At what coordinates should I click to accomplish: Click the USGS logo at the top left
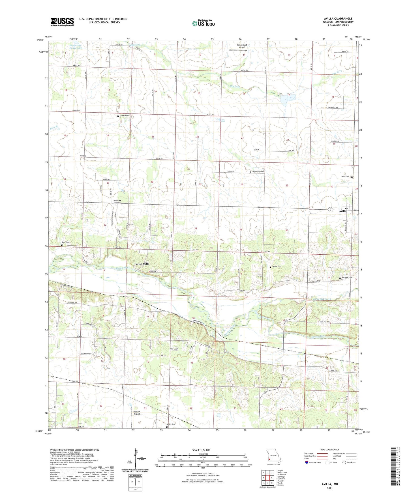point(62,22)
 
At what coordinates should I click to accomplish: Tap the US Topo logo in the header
point(203,23)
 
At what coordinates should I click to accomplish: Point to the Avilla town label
point(343,211)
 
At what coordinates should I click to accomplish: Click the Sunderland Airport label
point(241,46)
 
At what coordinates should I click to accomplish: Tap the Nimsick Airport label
point(137,413)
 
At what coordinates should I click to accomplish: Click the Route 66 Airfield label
point(117,201)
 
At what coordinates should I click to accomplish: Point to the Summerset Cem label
point(258,171)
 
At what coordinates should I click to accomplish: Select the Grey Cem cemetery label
point(65,242)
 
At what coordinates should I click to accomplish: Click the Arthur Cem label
point(277,266)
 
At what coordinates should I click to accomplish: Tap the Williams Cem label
point(346,278)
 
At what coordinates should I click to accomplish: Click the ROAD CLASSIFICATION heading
point(330,450)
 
